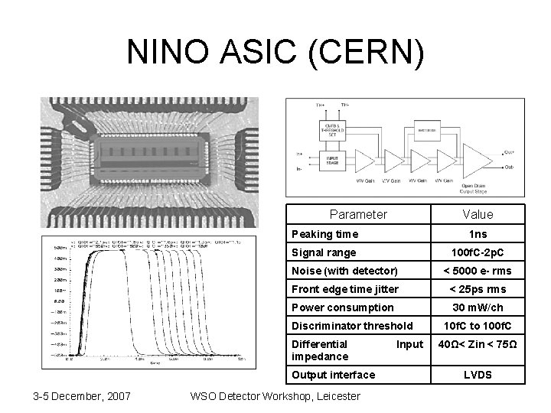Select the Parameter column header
point(357,214)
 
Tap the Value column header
point(478,214)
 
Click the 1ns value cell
point(478,234)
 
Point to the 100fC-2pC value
point(478,252)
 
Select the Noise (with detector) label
point(344,271)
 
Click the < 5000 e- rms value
point(478,271)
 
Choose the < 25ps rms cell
point(478,289)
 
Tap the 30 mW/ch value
point(478,307)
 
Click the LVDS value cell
point(478,375)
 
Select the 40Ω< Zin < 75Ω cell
point(478,344)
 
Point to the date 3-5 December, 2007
point(82,395)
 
